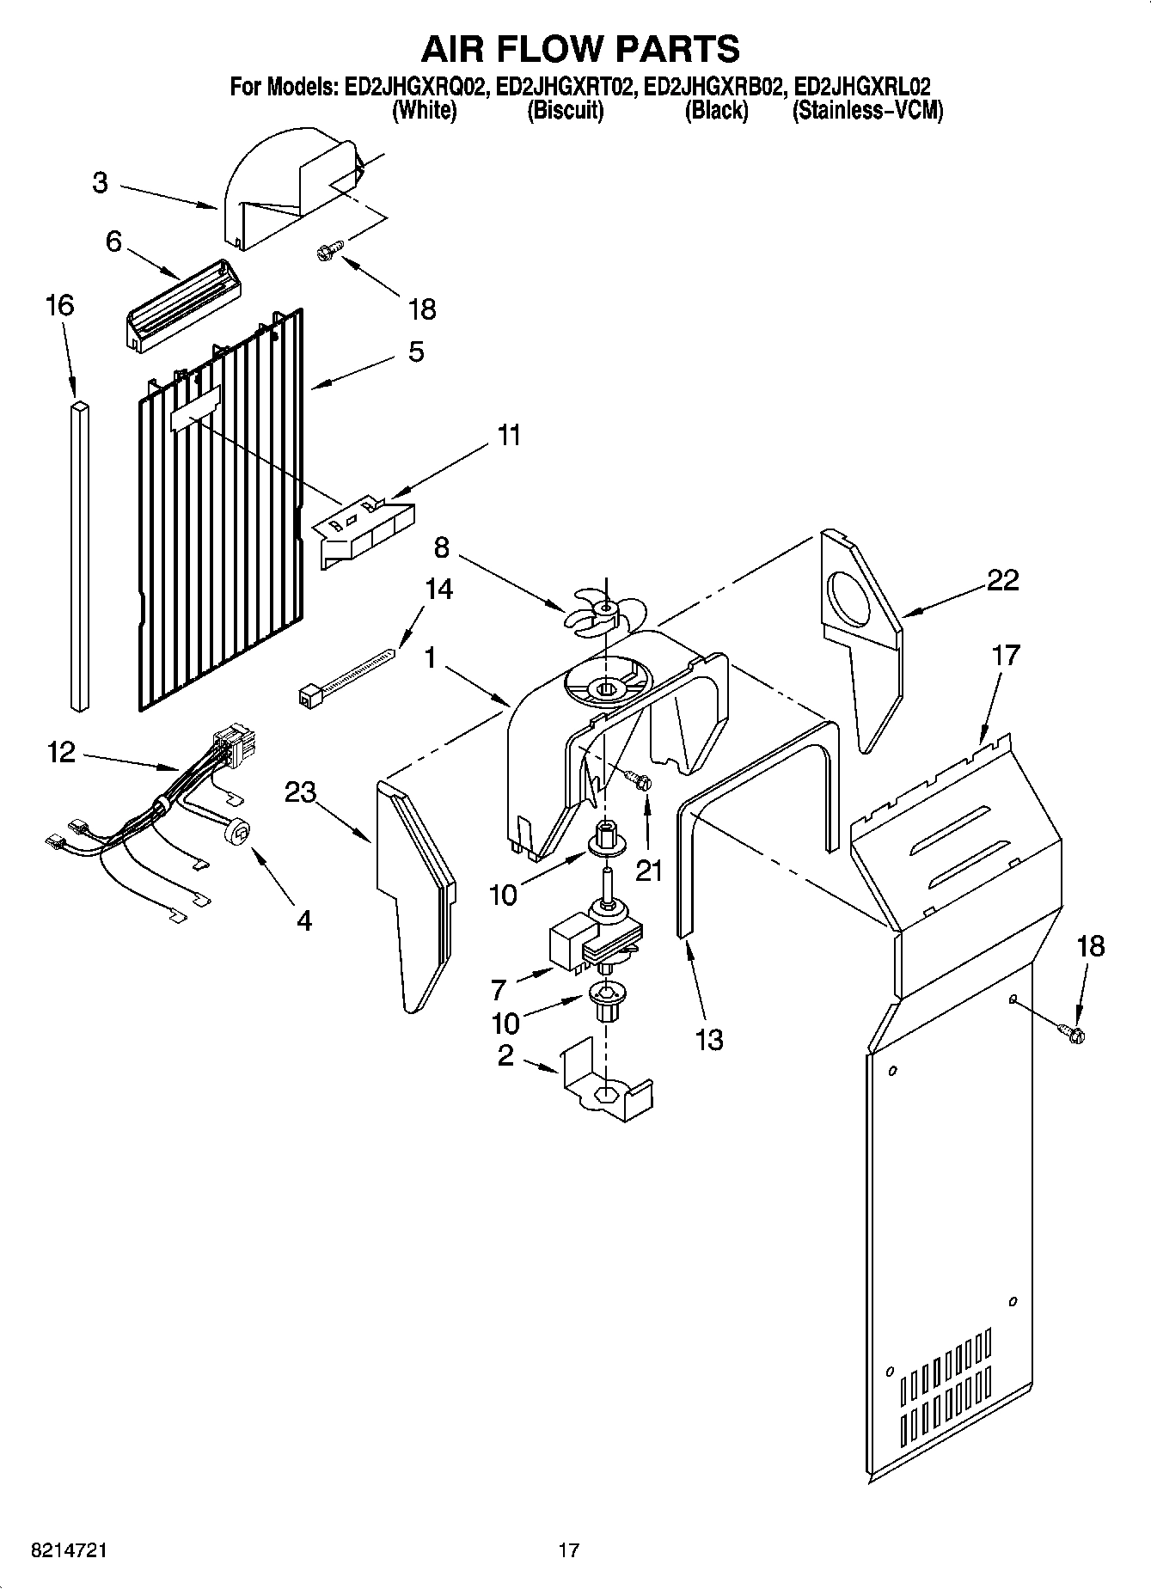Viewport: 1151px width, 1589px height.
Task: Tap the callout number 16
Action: click(x=60, y=306)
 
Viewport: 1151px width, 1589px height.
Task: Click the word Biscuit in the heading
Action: click(x=565, y=111)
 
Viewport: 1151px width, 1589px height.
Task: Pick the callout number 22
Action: click(x=1002, y=580)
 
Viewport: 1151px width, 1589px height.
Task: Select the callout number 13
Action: click(x=709, y=1040)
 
